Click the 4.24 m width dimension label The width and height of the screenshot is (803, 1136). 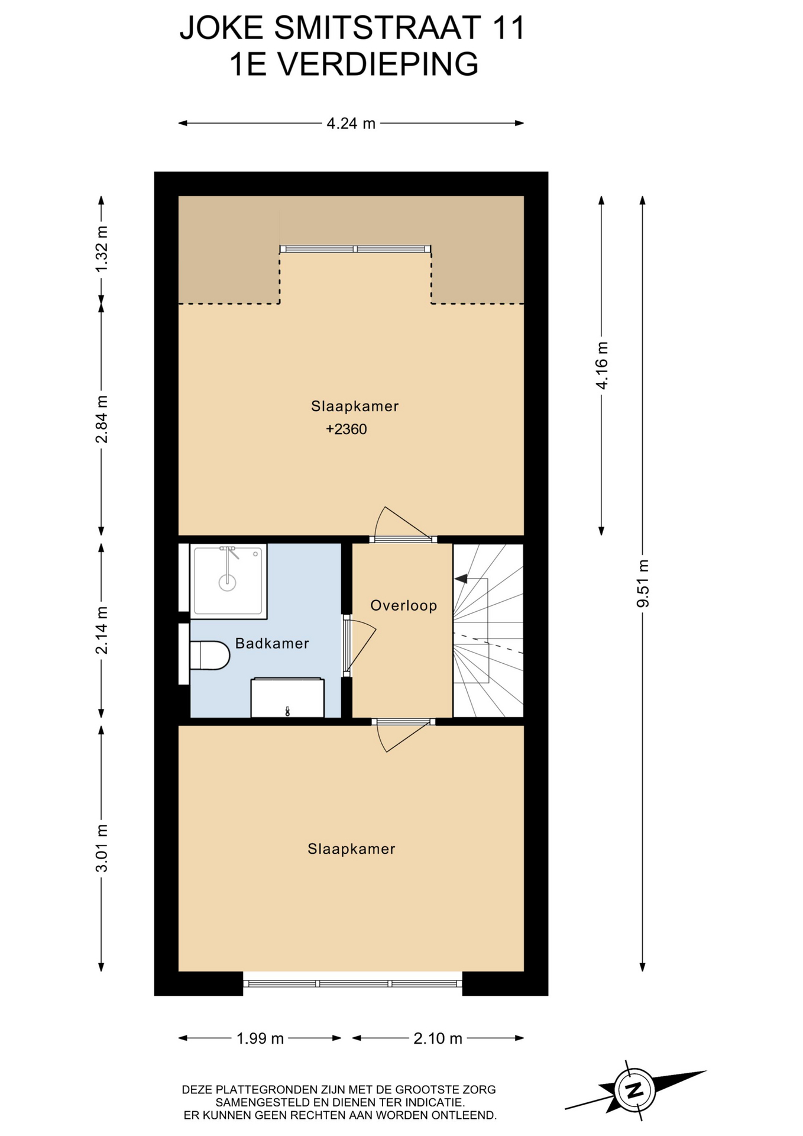(351, 124)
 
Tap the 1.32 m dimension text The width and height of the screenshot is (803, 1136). (102, 249)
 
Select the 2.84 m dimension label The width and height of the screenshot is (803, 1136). (102, 419)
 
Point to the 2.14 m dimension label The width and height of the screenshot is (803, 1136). (102, 630)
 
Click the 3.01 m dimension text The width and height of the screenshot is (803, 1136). (102, 848)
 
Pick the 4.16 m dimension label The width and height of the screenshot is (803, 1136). (602, 366)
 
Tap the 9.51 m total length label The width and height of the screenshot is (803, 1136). (643, 583)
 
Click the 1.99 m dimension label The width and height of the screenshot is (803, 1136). (260, 1038)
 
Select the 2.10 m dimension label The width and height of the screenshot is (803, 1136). (438, 1038)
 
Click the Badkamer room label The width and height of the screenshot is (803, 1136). (272, 643)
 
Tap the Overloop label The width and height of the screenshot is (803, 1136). (404, 605)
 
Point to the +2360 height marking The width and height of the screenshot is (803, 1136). (347, 429)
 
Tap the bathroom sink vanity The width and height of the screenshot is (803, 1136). (287, 698)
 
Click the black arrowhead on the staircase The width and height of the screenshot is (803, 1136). (461, 578)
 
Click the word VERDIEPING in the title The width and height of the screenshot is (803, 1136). (378, 64)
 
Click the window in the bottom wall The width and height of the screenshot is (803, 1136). (352, 983)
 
